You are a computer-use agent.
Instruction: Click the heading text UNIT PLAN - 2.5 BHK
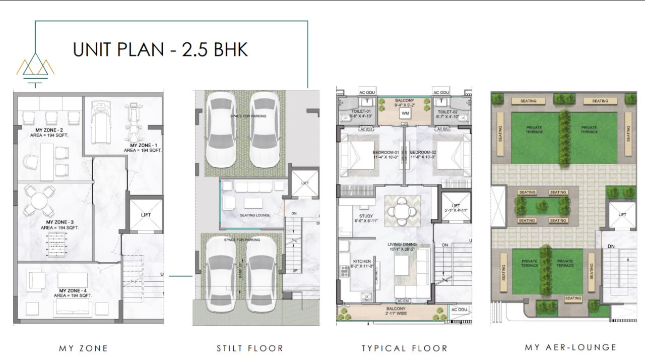tap(160, 50)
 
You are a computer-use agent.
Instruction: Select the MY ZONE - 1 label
tap(143, 147)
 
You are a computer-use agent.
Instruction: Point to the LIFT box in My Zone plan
tap(146, 215)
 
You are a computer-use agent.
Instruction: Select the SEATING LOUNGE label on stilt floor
tap(255, 215)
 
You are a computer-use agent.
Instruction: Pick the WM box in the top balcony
tap(405, 113)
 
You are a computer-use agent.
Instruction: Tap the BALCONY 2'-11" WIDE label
tap(396, 311)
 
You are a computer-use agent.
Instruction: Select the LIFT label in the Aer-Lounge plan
tap(622, 215)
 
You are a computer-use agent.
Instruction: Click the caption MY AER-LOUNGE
tap(570, 347)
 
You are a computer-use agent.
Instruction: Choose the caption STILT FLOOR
tap(250, 348)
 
